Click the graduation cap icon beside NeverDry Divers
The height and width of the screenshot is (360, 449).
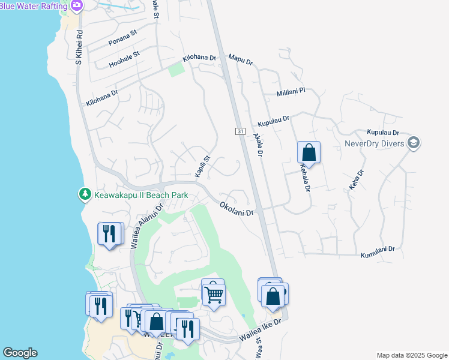[x=413, y=143]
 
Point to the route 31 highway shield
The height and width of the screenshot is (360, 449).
[x=240, y=131]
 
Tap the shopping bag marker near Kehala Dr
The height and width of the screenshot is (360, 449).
[x=309, y=152]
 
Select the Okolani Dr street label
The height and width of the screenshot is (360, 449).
[x=237, y=208]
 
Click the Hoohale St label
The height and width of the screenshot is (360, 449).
[x=124, y=59]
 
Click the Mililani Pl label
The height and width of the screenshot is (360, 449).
[x=291, y=91]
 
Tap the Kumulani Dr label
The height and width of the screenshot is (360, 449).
[x=378, y=253]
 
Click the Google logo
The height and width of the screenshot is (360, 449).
[x=20, y=353]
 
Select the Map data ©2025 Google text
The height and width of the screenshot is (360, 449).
[x=411, y=355]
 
